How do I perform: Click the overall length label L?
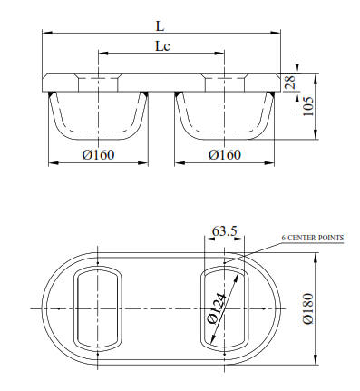pos(160,26)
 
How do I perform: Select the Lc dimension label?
pos(162,46)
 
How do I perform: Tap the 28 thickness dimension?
pos(290,83)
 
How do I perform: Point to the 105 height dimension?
pos(308,106)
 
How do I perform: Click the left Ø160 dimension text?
pos(98,155)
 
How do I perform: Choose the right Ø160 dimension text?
pos(225,155)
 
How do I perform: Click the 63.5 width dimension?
pos(225,231)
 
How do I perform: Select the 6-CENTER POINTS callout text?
pos(313,238)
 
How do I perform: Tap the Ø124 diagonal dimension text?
pos(217,308)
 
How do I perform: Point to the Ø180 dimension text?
pos(308,308)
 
